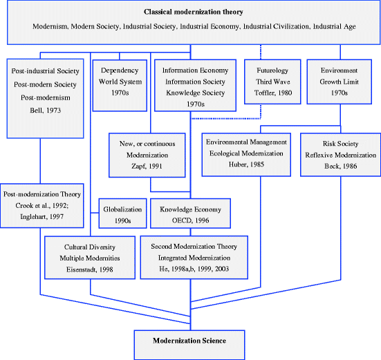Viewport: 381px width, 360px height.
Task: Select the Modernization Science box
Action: tap(189, 341)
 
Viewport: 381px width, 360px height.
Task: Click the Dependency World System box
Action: tap(120, 82)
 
